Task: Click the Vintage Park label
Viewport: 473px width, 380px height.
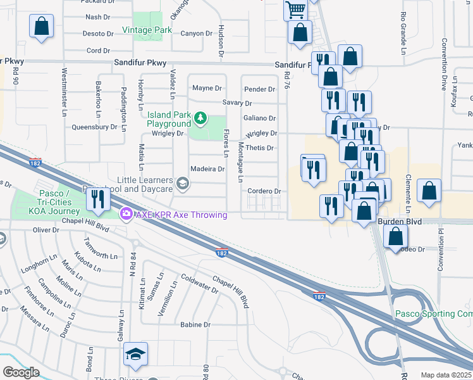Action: pos(147,30)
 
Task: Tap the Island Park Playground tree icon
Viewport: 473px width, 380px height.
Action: pos(200,118)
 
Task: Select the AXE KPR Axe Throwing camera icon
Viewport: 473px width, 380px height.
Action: pos(126,215)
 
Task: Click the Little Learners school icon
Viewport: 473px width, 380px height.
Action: pos(183,184)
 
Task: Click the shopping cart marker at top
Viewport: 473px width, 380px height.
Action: pos(295,9)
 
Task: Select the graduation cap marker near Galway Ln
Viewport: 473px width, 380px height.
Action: pos(135,354)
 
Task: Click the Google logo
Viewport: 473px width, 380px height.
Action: pos(21,372)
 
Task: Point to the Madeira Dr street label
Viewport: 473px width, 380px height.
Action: pos(207,169)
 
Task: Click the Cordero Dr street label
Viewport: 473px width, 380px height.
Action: pos(264,191)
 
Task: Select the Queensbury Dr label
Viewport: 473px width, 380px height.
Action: pos(95,126)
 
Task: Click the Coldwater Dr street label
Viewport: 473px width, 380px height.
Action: pos(199,283)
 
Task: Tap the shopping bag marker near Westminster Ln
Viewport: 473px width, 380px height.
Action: pos(41,27)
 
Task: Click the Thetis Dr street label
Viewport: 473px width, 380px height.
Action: pos(259,148)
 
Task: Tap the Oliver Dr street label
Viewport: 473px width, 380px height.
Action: pos(46,229)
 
